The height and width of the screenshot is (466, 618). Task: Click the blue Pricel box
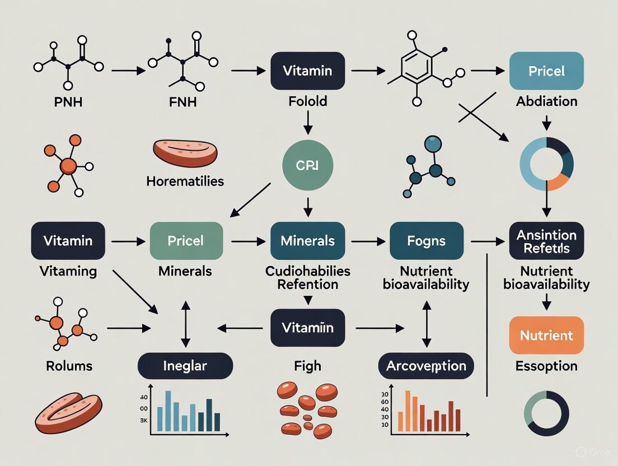tap(546, 71)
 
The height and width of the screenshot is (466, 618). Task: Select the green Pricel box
tap(186, 241)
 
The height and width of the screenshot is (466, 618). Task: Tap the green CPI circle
tap(307, 166)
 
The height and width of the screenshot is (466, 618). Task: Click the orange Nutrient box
tap(546, 335)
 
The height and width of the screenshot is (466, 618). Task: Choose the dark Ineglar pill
tap(185, 366)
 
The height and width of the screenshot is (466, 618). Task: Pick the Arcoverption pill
tap(426, 366)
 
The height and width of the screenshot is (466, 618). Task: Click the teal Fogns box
tap(427, 241)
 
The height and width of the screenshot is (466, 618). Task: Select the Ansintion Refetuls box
tap(546, 241)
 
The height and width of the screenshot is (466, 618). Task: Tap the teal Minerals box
tap(307, 241)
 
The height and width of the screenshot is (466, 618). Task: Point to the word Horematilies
tap(185, 181)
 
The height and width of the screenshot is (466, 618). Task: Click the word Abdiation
tap(547, 101)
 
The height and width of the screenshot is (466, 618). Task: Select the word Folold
tap(307, 101)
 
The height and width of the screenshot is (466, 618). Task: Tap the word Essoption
tap(546, 366)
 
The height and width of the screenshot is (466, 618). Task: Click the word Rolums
tap(69, 366)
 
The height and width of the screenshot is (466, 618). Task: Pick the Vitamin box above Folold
tap(307, 71)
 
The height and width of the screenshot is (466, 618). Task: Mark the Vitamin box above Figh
tap(307, 328)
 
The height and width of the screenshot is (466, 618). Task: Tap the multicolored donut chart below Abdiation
tap(546, 164)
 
